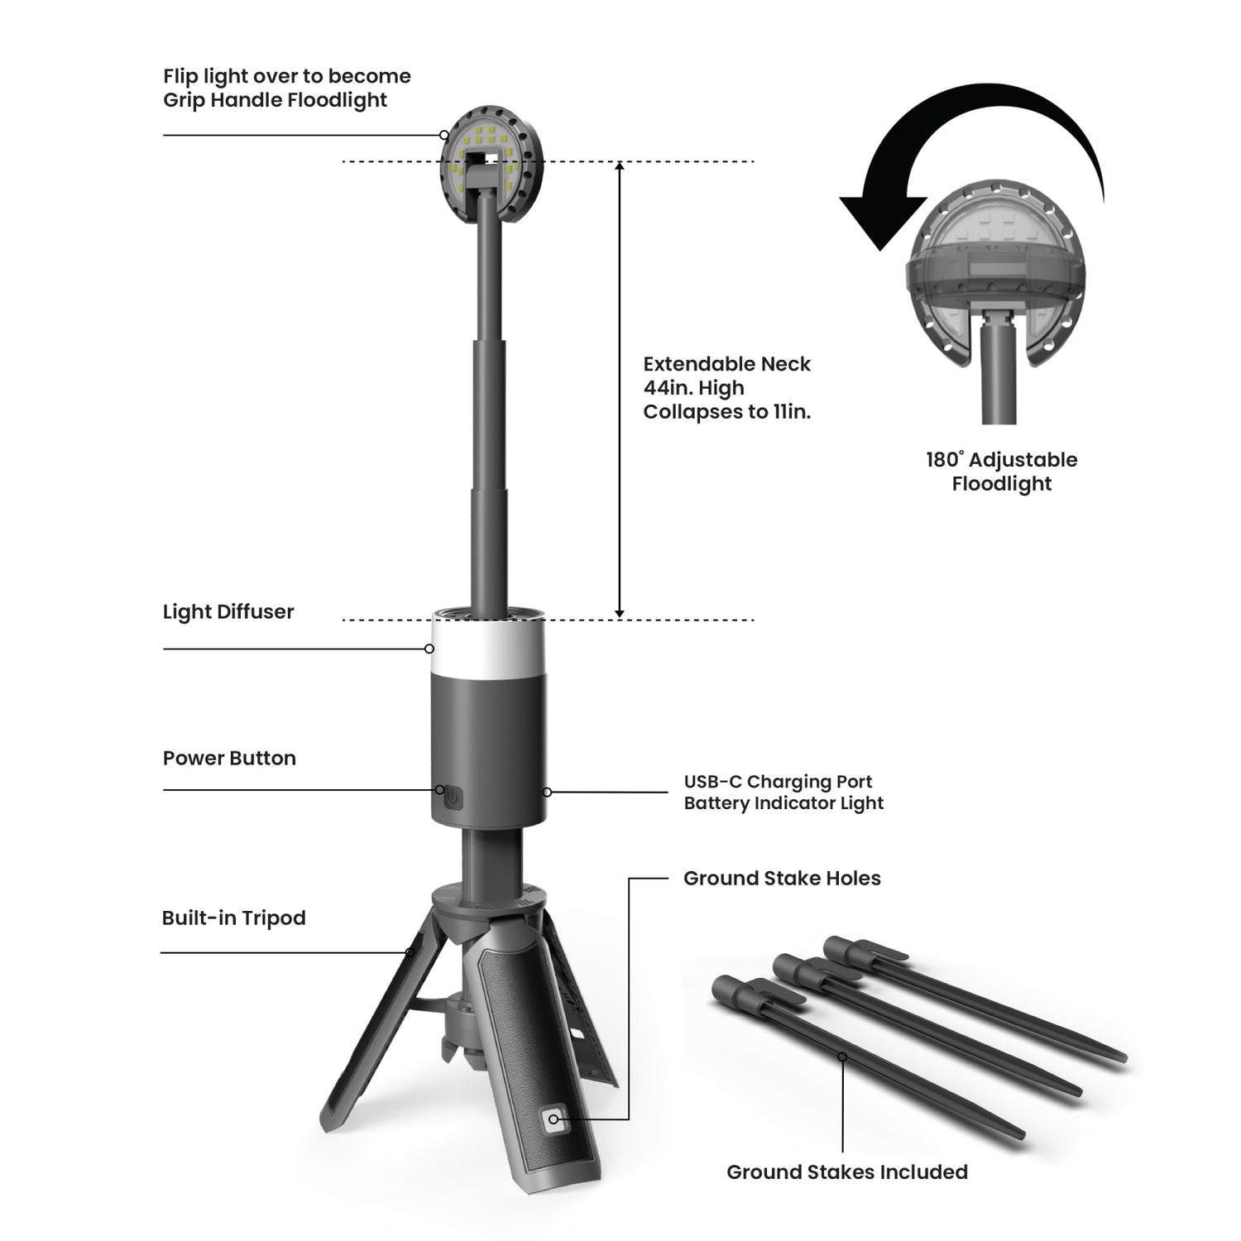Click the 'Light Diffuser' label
click(228, 612)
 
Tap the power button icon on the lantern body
click(453, 798)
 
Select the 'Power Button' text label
click(229, 758)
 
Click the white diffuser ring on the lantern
click(488, 649)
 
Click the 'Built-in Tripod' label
click(234, 918)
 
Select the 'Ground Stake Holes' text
click(782, 879)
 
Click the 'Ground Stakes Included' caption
click(846, 1172)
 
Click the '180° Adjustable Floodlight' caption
click(1001, 472)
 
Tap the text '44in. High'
click(693, 388)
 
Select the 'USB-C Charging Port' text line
click(778, 782)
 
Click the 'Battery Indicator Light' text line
click(783, 803)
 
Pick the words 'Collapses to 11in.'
click(726, 412)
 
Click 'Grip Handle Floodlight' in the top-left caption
click(275, 100)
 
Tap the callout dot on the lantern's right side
click(547, 793)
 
